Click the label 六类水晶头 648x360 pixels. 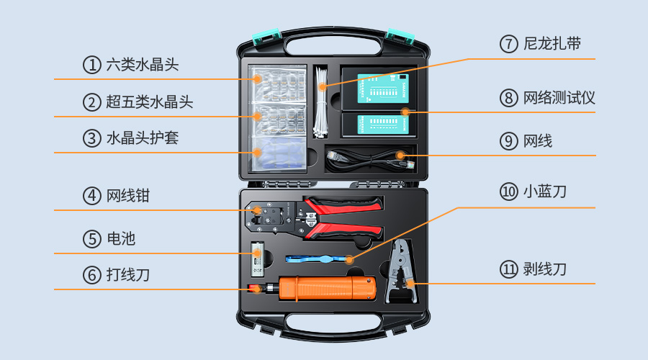143,65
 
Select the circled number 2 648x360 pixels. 91,102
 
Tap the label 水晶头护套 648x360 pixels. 143,138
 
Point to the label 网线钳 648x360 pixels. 128,196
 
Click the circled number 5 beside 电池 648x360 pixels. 91,239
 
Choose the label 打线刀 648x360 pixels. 128,275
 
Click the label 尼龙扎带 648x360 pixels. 552,43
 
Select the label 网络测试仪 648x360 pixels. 559,98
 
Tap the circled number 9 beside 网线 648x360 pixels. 509,141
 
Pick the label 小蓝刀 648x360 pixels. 545,192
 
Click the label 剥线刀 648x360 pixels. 545,269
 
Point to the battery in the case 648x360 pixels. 258,259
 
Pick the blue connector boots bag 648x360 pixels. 279,153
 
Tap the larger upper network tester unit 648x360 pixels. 383,89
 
